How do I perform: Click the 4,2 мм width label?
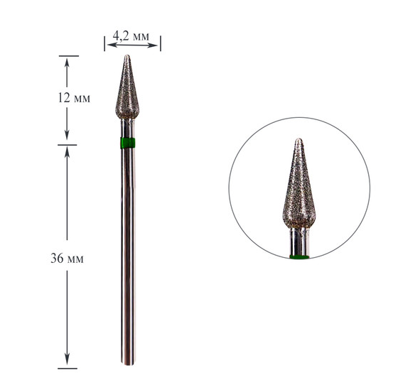click(131, 36)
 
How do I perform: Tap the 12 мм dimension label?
click(74, 98)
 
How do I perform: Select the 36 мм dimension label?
click(67, 259)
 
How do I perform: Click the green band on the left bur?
click(127, 143)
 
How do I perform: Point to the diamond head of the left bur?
click(127, 87)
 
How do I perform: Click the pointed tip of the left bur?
click(127, 55)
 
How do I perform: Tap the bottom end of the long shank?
click(128, 364)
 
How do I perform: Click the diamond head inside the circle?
click(299, 184)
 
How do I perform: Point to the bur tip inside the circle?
click(299, 139)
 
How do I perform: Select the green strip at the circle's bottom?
click(299, 257)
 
